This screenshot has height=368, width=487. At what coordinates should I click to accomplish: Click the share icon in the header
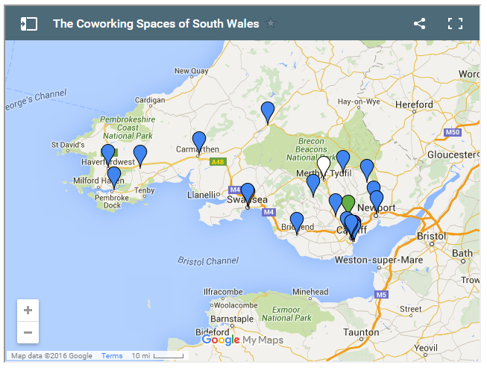tap(419, 23)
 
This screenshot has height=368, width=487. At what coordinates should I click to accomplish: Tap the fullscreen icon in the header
tap(455, 23)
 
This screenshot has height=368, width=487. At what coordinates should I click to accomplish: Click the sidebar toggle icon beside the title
tap(29, 23)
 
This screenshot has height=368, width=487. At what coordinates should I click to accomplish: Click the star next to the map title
tap(271, 23)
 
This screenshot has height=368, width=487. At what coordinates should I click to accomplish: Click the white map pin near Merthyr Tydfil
tap(323, 164)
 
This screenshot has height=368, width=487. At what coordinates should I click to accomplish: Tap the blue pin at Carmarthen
tap(199, 141)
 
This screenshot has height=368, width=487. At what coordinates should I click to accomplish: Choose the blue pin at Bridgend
tap(297, 222)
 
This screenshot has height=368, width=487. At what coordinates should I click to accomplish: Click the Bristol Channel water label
tap(208, 261)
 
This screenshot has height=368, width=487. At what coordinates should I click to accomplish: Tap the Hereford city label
tap(414, 105)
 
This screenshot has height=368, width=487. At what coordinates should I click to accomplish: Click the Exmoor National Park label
tap(287, 313)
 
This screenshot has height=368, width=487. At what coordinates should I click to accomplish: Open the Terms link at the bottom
tap(112, 356)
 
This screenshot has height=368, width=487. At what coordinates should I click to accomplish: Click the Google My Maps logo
tap(242, 340)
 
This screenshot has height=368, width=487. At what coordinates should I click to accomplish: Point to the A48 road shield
tap(217, 161)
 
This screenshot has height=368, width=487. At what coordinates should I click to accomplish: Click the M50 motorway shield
tap(452, 132)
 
